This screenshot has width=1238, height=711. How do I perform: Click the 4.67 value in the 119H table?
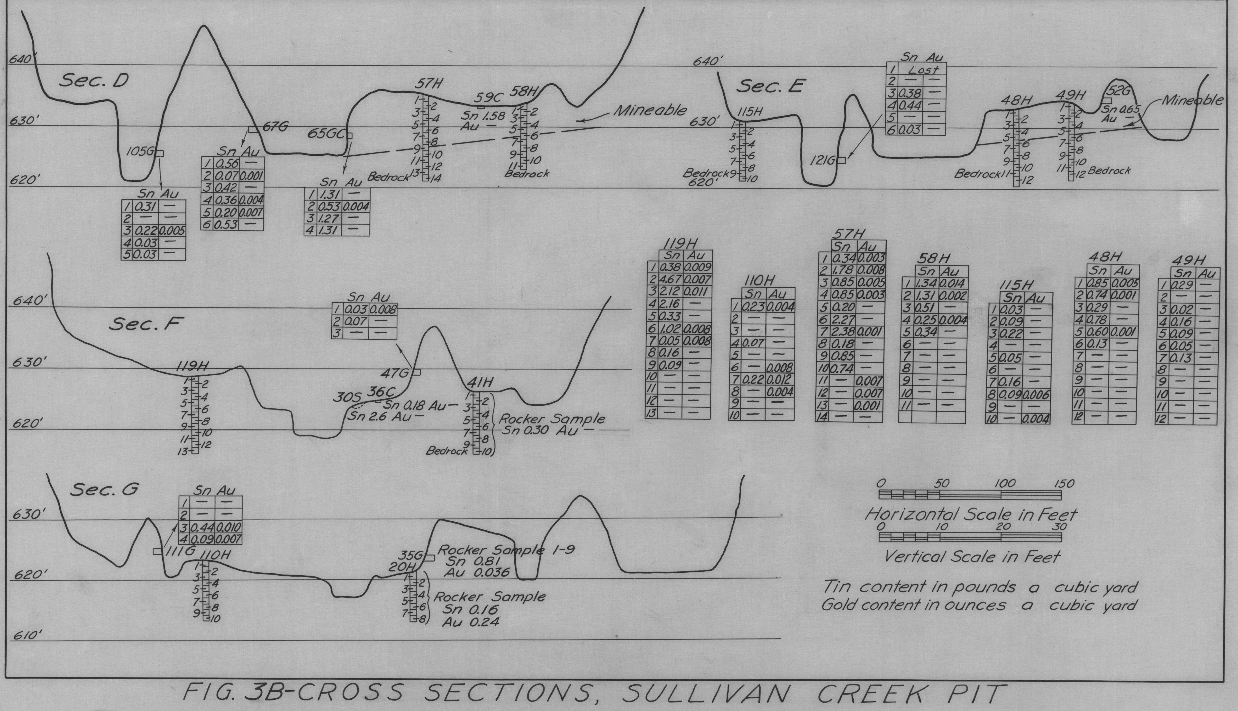(x=671, y=279)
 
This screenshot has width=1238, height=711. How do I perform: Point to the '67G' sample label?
(x=275, y=126)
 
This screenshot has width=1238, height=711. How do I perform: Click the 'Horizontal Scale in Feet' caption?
(x=971, y=514)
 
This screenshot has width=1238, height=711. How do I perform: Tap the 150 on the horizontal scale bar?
(x=1064, y=484)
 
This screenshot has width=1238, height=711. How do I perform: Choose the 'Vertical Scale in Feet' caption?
(x=972, y=557)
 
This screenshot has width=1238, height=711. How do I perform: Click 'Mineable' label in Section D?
(x=650, y=111)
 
